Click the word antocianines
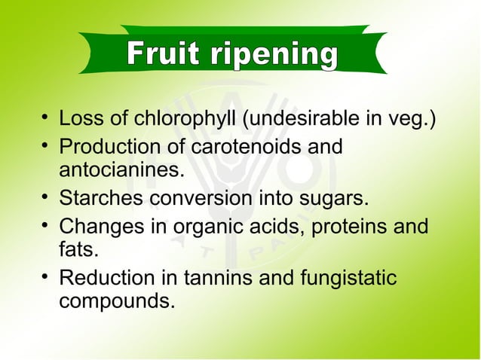click(121, 172)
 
